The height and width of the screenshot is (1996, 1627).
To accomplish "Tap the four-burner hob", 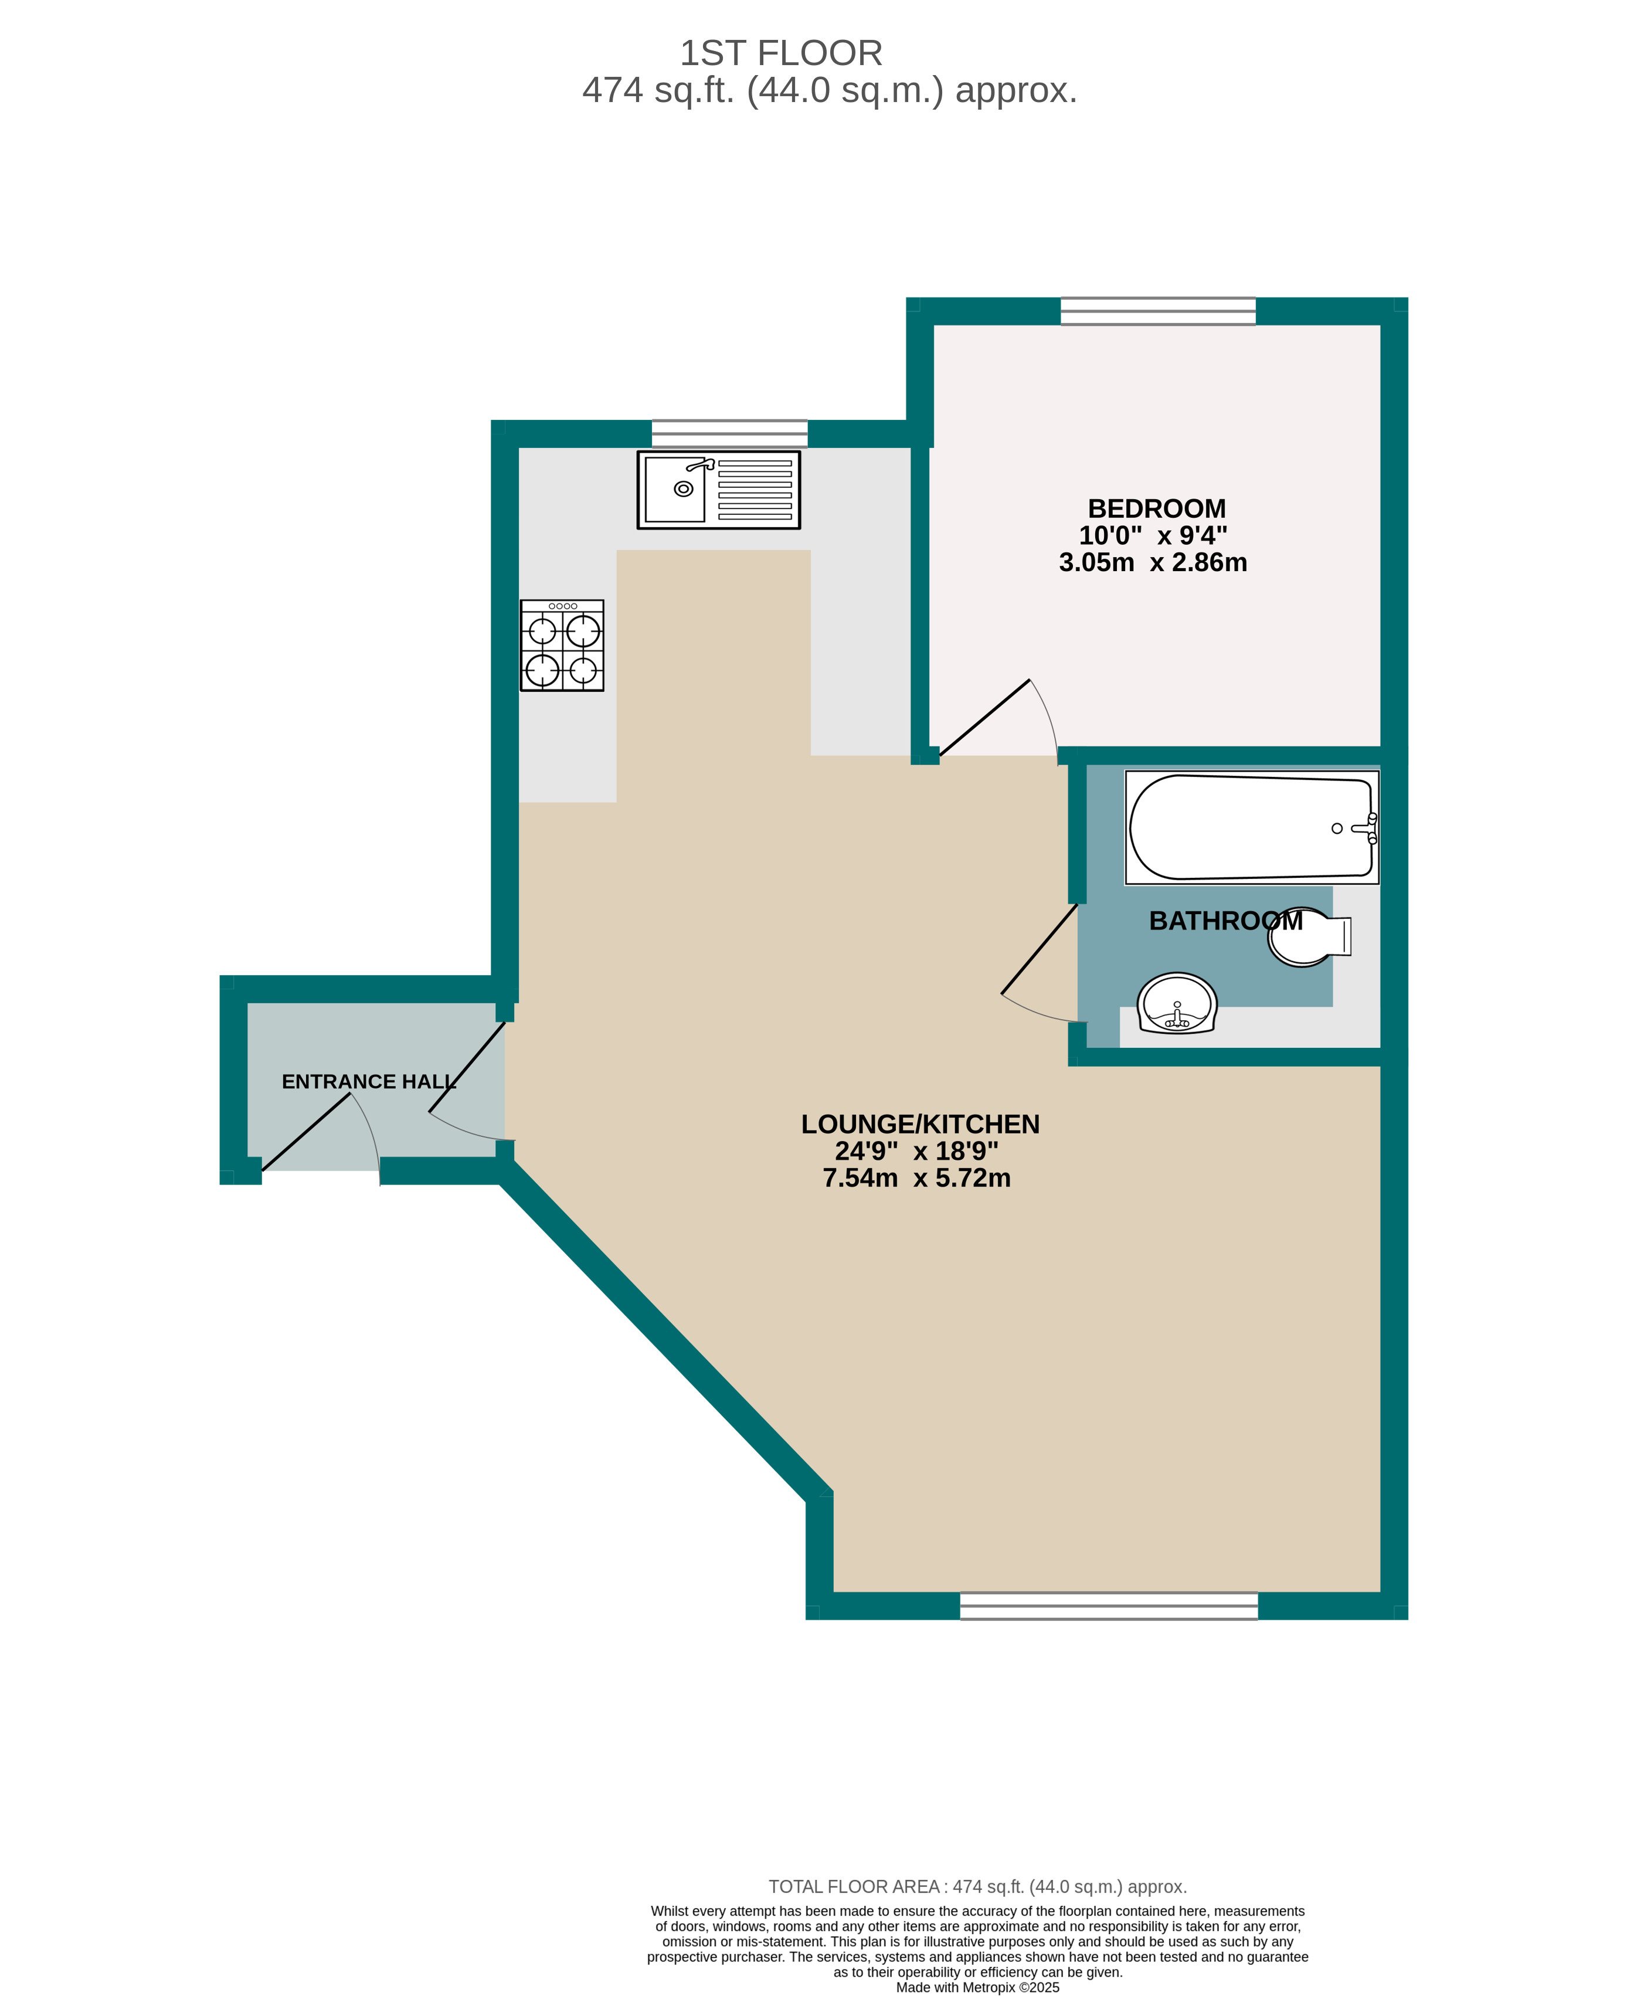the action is tap(562, 646).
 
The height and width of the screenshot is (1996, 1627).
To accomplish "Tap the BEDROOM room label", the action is tap(1157, 509).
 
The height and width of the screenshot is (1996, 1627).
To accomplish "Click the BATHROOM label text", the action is tap(1226, 921).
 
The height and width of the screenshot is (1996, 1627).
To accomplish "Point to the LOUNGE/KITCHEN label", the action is tap(921, 1123).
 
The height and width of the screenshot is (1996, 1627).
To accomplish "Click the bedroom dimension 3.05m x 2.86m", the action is tap(1153, 562).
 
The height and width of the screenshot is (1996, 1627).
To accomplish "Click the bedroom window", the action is tap(1157, 311).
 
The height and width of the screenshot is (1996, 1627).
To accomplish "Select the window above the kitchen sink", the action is tap(729, 434).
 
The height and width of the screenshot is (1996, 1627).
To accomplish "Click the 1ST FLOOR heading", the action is tap(781, 53).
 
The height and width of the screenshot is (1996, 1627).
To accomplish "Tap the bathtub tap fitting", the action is tap(1364, 829).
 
